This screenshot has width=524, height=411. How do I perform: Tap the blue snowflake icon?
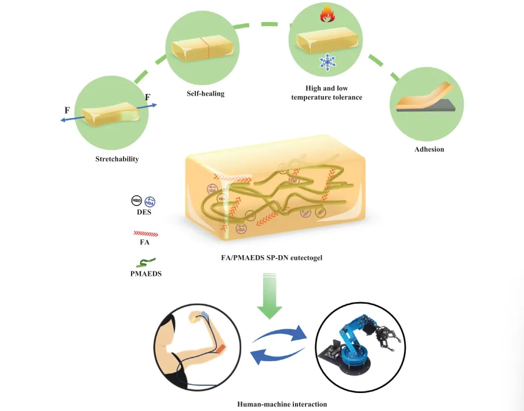tap(326, 63)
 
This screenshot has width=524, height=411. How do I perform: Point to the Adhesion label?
tap(429, 149)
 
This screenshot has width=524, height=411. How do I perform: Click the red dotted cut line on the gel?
tap(203, 48)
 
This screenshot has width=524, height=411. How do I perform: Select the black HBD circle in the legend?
tap(136, 201)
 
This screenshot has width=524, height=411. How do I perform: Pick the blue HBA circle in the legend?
tap(150, 201)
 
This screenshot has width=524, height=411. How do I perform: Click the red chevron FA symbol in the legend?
tap(145, 234)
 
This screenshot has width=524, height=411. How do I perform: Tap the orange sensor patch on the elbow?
tap(221, 347)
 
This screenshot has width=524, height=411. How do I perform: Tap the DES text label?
tap(143, 213)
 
